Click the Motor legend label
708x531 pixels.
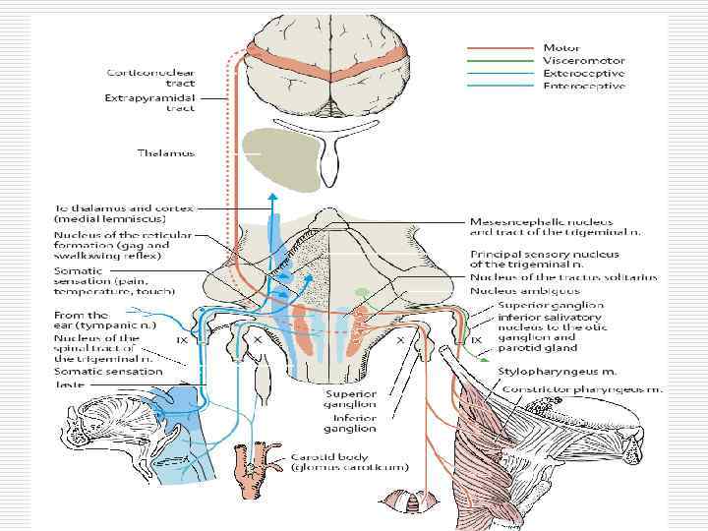(x=561, y=47)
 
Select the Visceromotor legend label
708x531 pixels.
(x=583, y=61)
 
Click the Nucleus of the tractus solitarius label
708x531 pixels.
(x=562, y=278)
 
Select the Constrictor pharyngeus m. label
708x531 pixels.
(x=583, y=389)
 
